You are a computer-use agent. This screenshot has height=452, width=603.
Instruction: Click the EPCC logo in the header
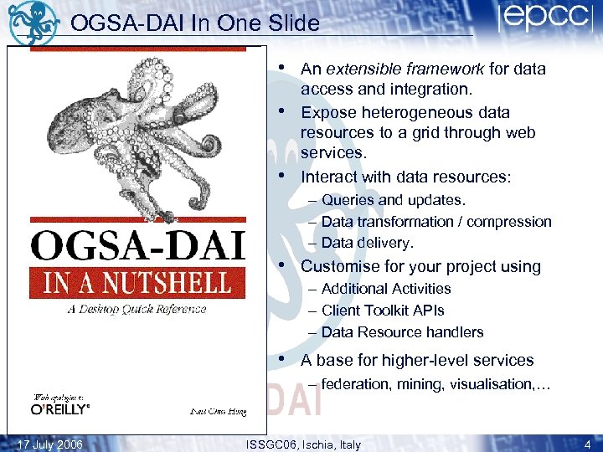(542, 18)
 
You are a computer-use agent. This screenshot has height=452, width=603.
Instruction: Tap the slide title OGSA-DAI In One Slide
(195, 23)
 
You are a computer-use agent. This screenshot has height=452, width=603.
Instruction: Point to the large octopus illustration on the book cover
(134, 126)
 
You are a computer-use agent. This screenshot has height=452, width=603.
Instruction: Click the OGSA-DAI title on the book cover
(137, 247)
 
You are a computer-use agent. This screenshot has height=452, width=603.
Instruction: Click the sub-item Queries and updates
(393, 200)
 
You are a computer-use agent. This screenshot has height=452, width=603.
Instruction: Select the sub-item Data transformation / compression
(435, 222)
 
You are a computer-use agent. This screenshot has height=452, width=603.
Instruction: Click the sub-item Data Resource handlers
(402, 332)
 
